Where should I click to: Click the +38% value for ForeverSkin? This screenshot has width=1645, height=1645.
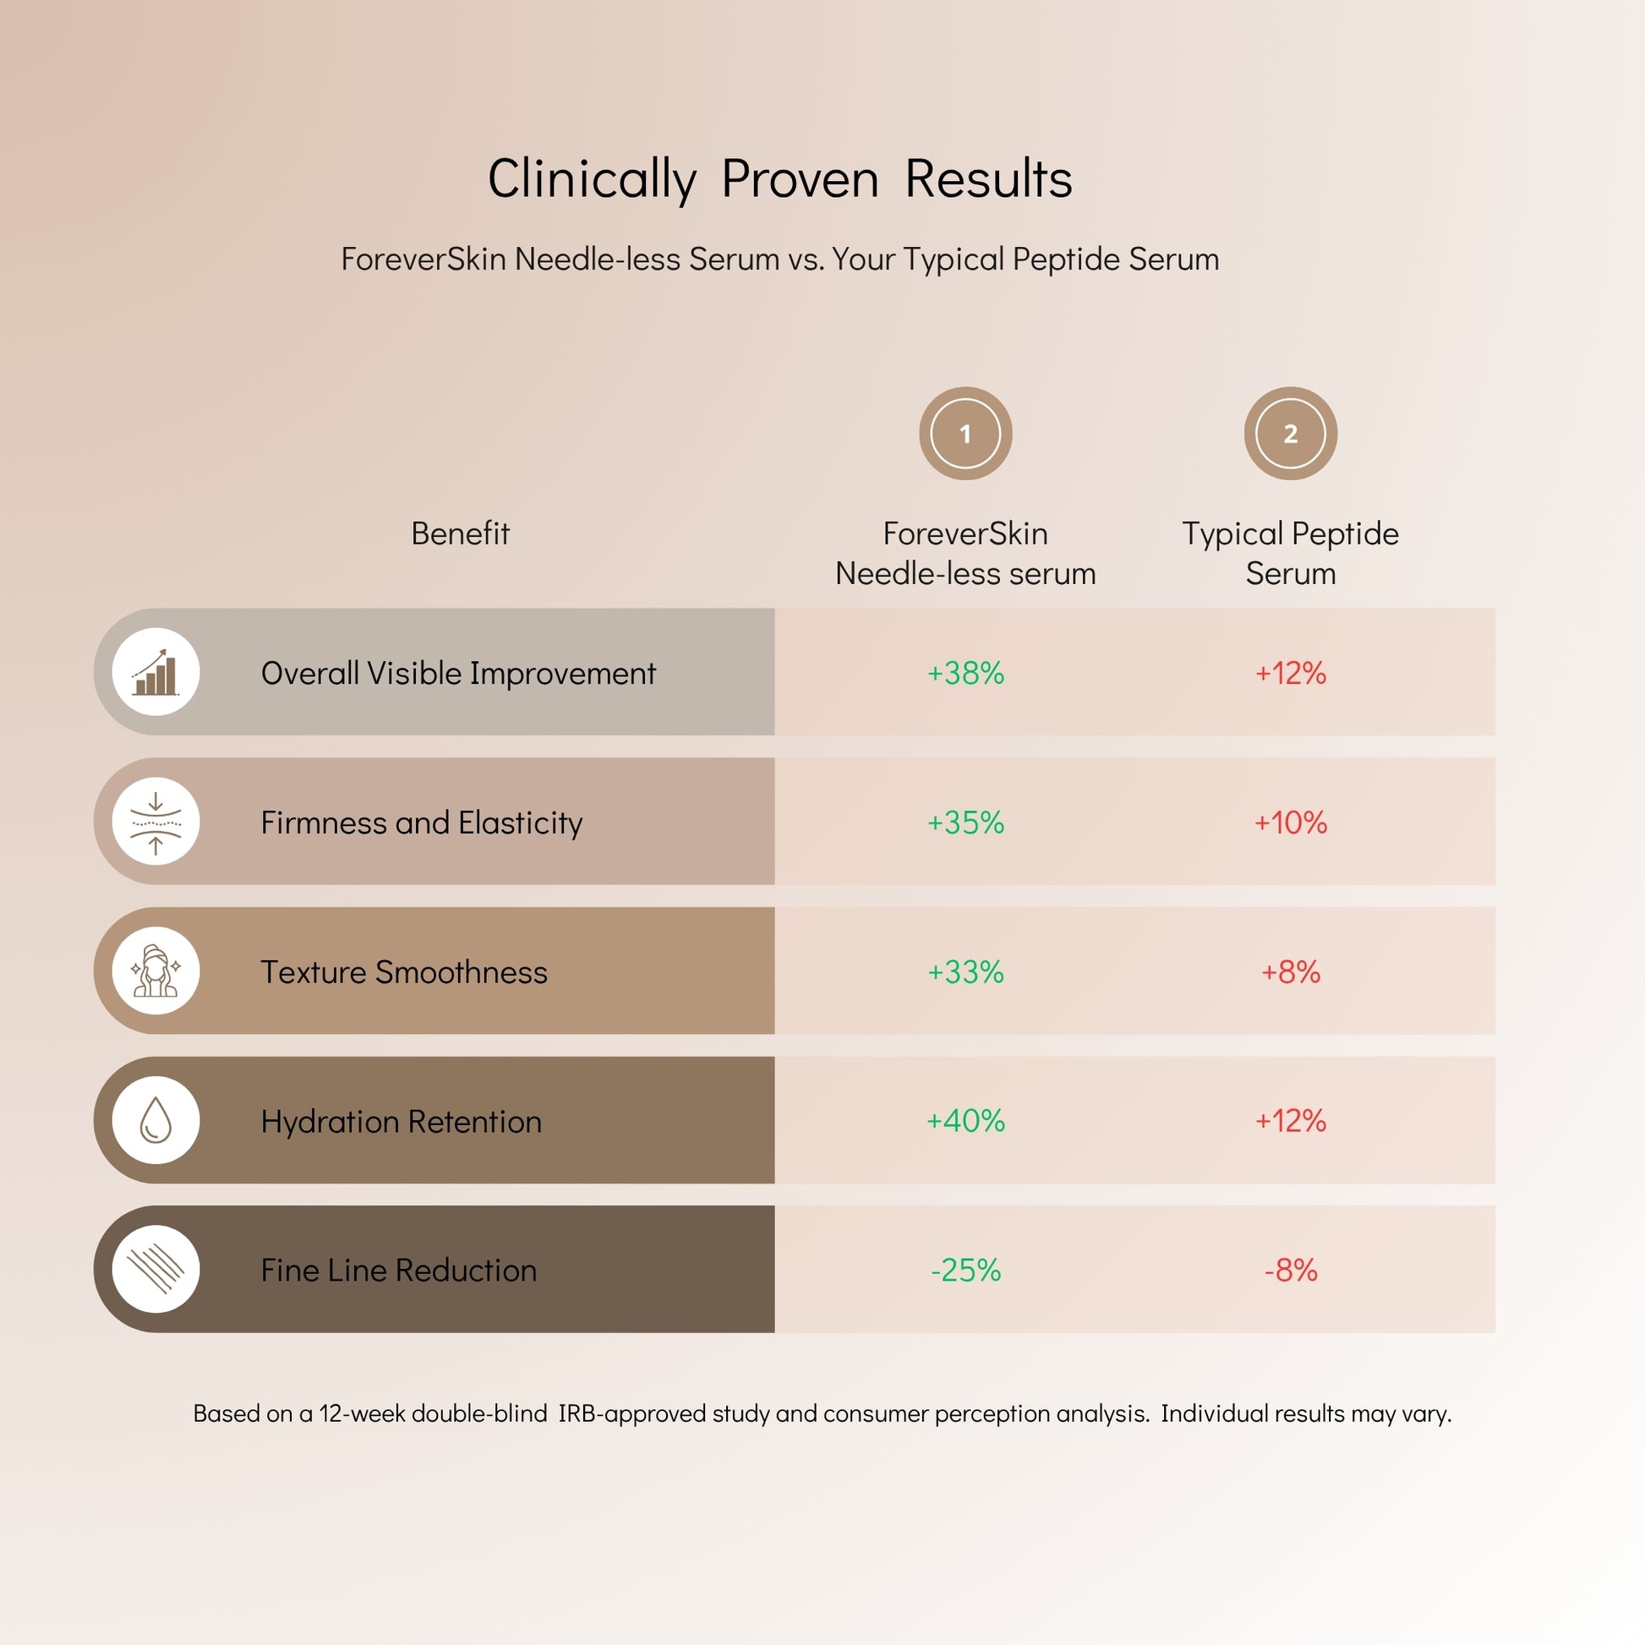(965, 673)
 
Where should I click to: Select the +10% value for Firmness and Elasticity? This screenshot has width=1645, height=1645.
(1290, 822)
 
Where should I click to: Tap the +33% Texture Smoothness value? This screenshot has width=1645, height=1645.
(965, 971)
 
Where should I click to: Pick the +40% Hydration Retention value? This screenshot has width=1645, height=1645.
(965, 1121)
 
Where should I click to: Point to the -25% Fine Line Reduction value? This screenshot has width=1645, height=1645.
(965, 1270)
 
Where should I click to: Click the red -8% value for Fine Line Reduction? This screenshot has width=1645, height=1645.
(1290, 1270)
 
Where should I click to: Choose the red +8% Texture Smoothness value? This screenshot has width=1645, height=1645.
(1290, 971)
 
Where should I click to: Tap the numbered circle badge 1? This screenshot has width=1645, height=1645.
(965, 434)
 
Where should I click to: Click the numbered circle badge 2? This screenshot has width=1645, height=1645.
(1290, 434)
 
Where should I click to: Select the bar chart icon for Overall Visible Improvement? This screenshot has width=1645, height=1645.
(156, 672)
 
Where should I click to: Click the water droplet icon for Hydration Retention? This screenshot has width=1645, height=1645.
(156, 1120)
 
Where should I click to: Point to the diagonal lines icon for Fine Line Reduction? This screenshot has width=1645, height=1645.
(156, 1269)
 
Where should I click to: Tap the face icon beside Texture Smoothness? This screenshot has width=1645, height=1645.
(156, 970)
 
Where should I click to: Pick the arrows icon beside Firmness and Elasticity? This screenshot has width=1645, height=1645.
(156, 822)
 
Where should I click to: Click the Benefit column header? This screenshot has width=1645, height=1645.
(460, 533)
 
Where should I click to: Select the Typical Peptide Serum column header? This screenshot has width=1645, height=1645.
(1290, 553)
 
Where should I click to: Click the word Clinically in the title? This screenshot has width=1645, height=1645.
(592, 180)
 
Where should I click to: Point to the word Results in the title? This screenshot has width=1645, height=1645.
(987, 180)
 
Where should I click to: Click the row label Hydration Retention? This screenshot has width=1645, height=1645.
(401, 1122)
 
